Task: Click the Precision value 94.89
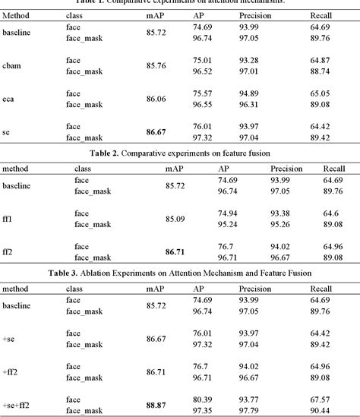coord(252,93)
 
